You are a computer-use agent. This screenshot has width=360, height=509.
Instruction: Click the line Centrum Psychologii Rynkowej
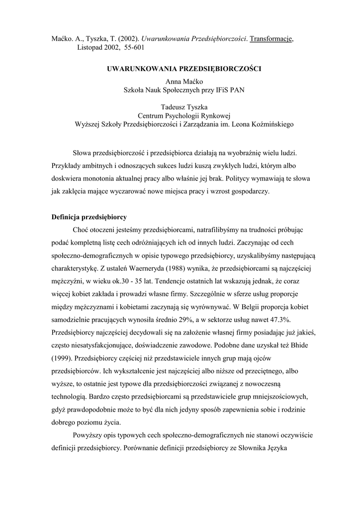[x=184, y=115]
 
